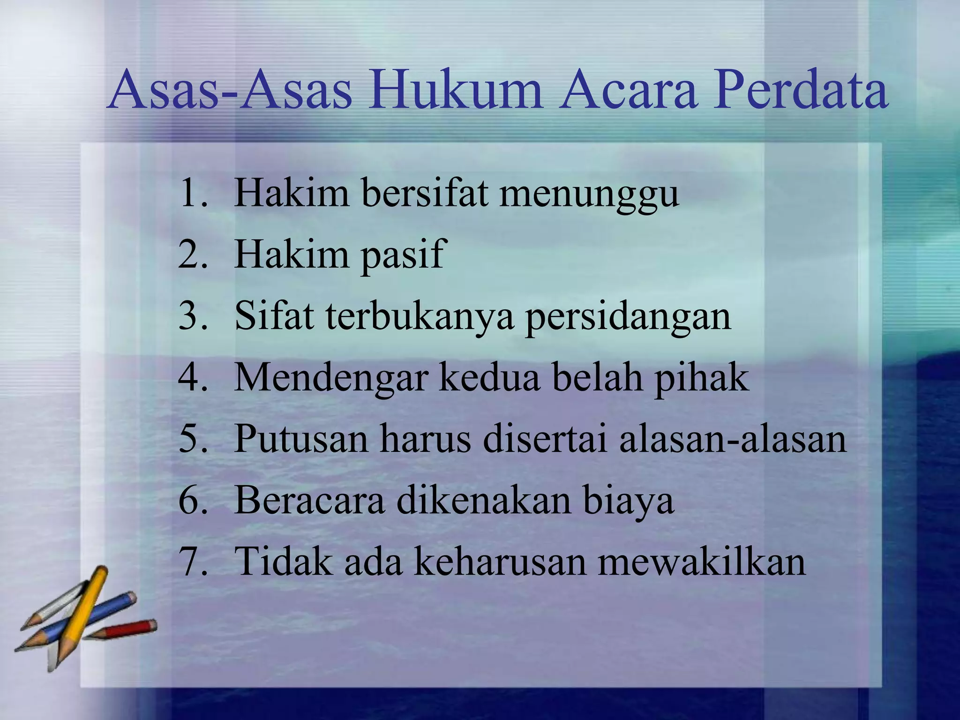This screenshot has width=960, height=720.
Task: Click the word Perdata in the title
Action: click(800, 90)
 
